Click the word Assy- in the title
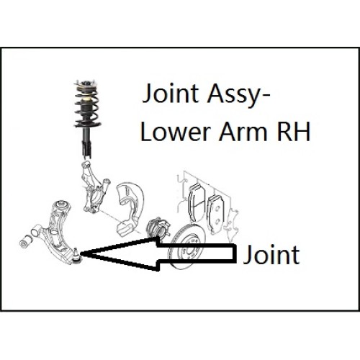[x=239, y=94]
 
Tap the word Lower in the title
[x=176, y=131]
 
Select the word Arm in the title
[x=243, y=131]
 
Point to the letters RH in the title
[x=294, y=131]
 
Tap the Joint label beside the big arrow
[x=271, y=254]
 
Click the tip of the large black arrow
[x=81, y=253]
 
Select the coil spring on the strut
[x=87, y=106]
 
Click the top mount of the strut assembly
[x=86, y=85]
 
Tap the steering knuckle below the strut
[x=95, y=189]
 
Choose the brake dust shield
[x=130, y=209]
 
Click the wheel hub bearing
[x=158, y=228]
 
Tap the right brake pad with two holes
[x=216, y=215]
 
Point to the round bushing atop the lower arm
[x=62, y=204]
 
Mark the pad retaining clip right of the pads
[x=231, y=225]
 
